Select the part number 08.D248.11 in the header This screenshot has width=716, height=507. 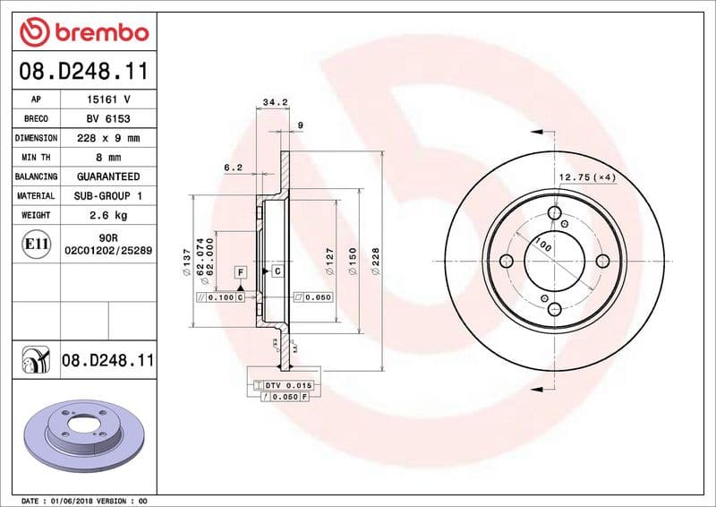(83, 69)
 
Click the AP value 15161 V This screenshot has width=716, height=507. (107, 99)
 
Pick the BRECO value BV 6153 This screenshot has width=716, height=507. (107, 118)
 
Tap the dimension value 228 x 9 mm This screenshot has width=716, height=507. (107, 138)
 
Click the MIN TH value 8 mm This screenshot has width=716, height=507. (107, 157)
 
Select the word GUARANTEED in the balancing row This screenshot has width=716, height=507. (107, 176)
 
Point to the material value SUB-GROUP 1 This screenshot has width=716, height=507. (107, 195)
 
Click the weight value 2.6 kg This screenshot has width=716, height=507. (107, 215)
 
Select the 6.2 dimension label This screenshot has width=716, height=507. (234, 167)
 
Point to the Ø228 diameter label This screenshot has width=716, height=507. (377, 261)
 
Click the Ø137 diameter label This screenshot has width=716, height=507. (187, 261)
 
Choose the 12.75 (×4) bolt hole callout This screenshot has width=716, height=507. (587, 177)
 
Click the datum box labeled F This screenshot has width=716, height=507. (241, 271)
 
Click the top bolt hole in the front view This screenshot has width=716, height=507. (555, 214)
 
